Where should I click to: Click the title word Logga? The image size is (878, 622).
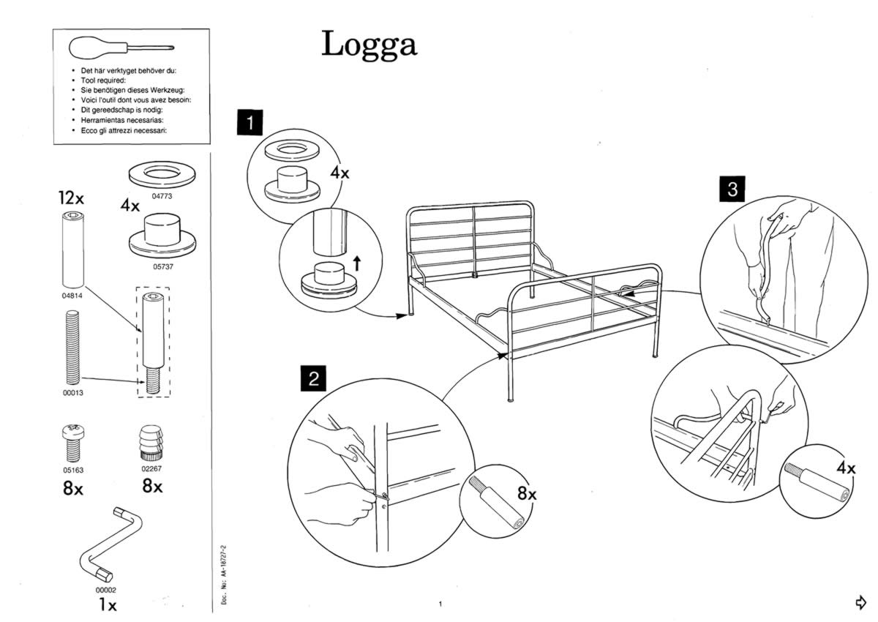tap(369, 45)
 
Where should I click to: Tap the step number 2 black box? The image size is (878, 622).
tap(313, 379)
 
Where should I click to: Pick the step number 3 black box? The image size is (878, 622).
tap(732, 189)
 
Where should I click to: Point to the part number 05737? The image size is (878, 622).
tap(162, 266)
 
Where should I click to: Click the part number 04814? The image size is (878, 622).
tap(71, 296)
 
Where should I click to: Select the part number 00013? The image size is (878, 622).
tap(72, 392)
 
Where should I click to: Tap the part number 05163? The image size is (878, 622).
tap(72, 471)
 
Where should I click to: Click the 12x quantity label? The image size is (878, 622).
tap(72, 198)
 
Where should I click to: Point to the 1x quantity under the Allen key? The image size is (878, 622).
tap(107, 605)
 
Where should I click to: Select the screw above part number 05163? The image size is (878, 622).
tap(72, 441)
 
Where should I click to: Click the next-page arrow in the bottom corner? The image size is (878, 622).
tap(861, 602)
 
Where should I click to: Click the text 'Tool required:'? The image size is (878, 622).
tap(103, 80)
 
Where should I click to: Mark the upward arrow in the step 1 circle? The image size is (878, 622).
tap(356, 262)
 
